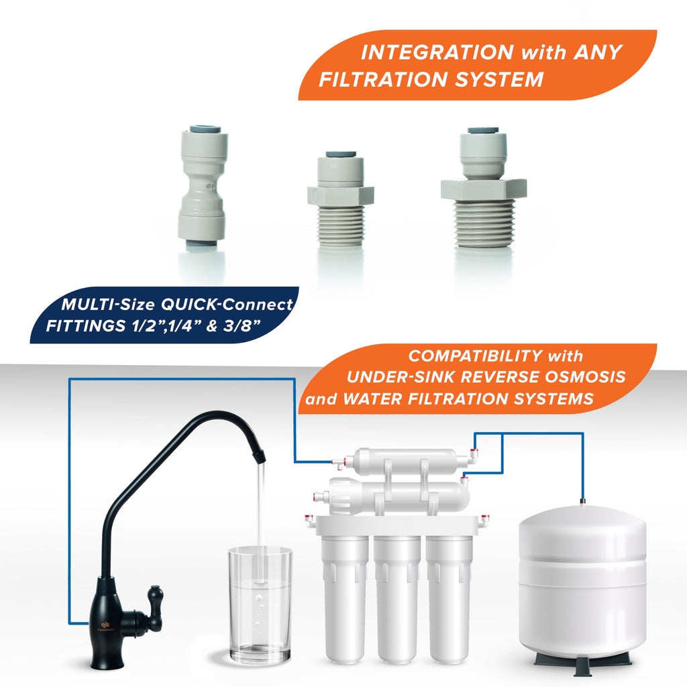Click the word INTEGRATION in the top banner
[x=437, y=52]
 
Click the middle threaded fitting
[x=340, y=199]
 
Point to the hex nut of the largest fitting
[x=484, y=189]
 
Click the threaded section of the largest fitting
[x=484, y=223]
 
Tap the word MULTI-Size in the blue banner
[x=108, y=305]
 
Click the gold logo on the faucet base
[x=105, y=625]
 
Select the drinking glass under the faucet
[x=260, y=604]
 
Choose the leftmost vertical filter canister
[x=345, y=596]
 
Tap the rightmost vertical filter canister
[x=449, y=596]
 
